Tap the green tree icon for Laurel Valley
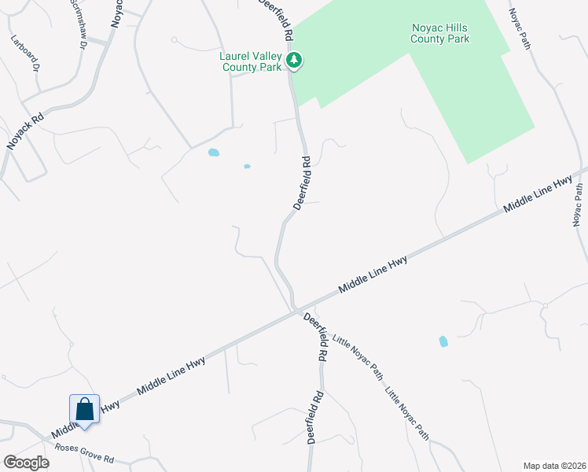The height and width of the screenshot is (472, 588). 294,60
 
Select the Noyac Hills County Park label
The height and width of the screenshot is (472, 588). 441,32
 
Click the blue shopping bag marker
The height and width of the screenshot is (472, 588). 84,410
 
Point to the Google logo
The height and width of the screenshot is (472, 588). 26,462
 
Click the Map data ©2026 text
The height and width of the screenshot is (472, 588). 553,465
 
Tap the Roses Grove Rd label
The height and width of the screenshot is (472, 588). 84,453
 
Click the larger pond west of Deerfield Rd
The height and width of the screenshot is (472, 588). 213,153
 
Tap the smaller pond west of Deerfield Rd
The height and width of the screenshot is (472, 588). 247,166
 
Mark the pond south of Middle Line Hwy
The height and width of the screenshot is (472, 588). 443,341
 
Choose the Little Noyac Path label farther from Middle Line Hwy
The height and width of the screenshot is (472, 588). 407,411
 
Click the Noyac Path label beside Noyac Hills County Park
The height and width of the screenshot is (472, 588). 520,29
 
